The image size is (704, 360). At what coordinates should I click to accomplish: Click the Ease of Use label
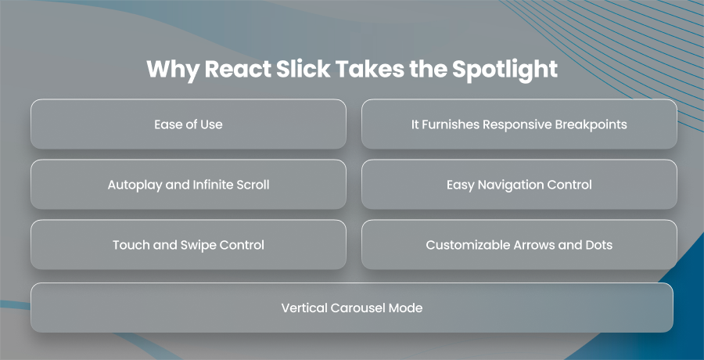188,124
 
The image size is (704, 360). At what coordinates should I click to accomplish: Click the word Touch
129,245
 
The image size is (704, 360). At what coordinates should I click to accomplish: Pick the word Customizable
463,245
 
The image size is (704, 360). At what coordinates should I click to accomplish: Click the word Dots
599,245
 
